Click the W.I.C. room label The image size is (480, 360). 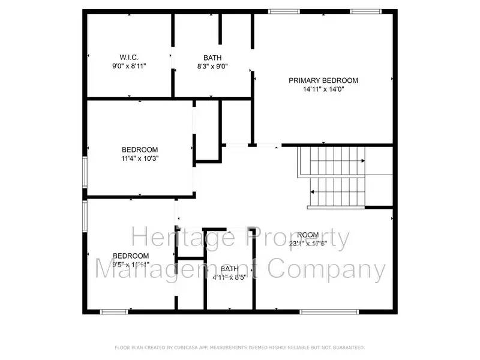point(129,58)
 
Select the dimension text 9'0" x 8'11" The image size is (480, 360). point(129,66)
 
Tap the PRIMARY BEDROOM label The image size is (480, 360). point(323,80)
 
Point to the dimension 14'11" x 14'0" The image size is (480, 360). point(323,89)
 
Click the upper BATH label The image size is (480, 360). point(212,58)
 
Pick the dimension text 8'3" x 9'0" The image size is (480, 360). point(212,66)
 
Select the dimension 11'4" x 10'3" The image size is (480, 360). point(140,158)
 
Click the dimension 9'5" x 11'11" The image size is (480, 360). point(131,264)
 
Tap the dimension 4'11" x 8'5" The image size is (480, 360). point(230,277)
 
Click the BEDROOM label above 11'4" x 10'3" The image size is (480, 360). point(140,150)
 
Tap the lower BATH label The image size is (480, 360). point(229,269)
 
